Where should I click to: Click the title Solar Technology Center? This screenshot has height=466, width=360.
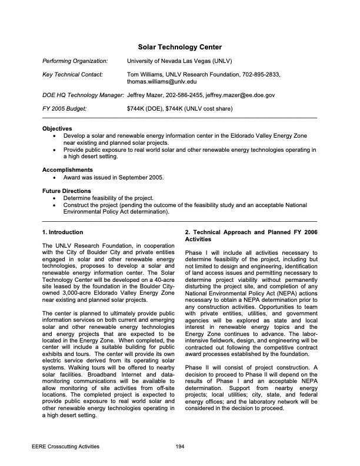tap(179, 46)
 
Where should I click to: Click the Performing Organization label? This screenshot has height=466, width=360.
tap(75, 61)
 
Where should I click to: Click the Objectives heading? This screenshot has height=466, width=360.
tap(58, 128)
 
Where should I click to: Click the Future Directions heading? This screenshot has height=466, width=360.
tap(67, 191)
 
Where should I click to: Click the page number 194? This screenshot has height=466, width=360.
tap(180, 447)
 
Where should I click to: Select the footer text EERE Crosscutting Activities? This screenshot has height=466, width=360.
tap(65, 447)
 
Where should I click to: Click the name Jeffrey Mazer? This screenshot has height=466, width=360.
tap(147, 95)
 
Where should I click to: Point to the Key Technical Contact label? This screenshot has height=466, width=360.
tap(73, 75)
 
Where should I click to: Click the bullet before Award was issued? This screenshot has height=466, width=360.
tap(55, 177)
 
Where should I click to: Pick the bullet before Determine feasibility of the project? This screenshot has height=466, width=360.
tap(55, 198)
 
